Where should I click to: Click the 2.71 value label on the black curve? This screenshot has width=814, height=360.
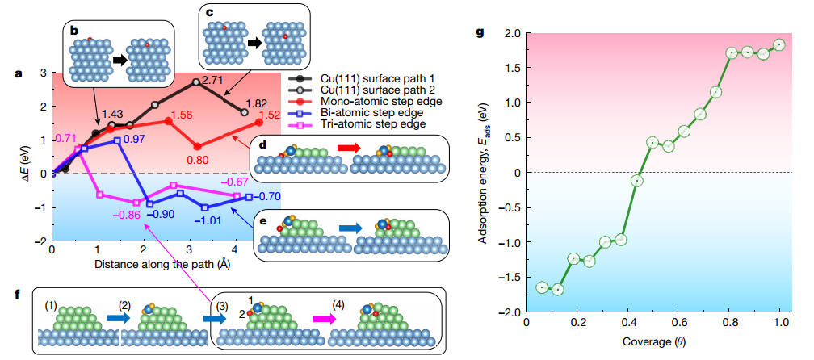(212, 80)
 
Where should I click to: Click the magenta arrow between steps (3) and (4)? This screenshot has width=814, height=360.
(319, 320)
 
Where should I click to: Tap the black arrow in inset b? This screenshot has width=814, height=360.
(118, 60)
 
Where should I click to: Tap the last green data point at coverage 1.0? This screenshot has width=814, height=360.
(779, 44)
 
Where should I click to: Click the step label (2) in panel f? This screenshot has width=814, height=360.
(125, 306)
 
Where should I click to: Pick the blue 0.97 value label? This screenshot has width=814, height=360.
(134, 140)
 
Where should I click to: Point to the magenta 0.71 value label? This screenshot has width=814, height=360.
(66, 138)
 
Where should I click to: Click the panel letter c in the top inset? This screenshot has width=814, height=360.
(211, 13)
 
